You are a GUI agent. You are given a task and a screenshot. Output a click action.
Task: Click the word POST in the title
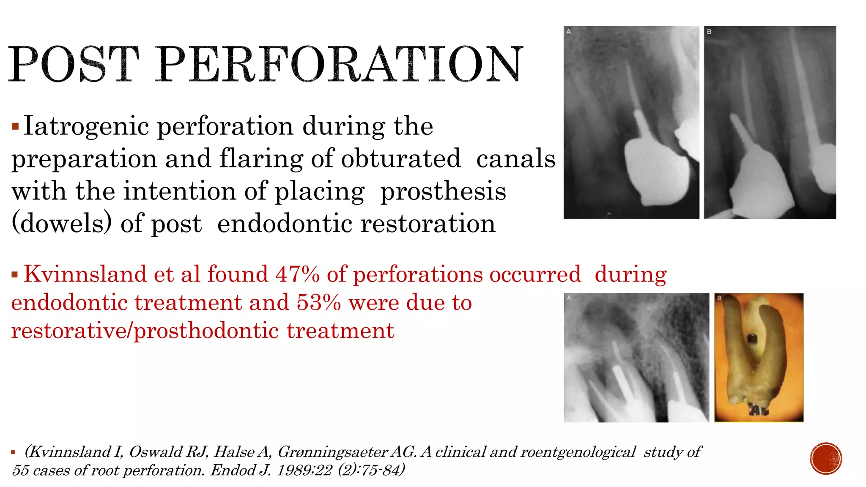tap(74, 64)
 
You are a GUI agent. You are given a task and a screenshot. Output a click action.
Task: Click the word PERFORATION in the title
tap(340, 64)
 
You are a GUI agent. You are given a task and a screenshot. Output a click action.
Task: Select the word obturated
tap(401, 159)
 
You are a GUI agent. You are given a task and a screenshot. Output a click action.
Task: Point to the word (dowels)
tap(62, 223)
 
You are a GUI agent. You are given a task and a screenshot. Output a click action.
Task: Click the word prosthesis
tap(443, 191)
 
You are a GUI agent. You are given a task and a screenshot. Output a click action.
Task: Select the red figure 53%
tap(318, 303)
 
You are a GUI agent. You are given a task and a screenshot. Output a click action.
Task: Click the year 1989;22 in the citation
tap(304, 470)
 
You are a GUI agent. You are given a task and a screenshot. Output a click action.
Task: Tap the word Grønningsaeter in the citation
tap(332, 452)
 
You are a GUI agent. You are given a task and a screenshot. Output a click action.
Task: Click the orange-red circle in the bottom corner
tap(826, 459)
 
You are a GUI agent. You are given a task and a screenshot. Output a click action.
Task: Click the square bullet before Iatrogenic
tap(15, 126)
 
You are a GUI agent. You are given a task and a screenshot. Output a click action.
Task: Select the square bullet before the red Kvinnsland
tap(15, 275)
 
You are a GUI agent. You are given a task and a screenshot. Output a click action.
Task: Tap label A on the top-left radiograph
tap(569, 32)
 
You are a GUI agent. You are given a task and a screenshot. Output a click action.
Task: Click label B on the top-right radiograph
tap(709, 32)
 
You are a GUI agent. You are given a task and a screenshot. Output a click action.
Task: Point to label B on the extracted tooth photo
tap(719, 298)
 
